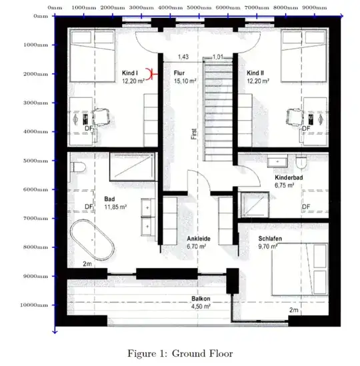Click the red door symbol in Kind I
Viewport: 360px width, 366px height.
151,74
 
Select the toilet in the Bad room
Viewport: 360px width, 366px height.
78,167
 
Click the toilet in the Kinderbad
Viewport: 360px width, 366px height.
301,162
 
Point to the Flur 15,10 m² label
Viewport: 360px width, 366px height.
185,77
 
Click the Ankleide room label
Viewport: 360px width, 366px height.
199,239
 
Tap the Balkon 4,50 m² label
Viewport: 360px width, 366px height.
201,303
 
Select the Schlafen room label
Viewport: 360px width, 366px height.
270,239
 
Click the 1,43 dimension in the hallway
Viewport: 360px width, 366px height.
183,57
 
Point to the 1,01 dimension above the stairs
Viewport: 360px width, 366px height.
218,57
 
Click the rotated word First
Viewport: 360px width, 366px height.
194,134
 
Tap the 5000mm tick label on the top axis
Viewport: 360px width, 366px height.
199,8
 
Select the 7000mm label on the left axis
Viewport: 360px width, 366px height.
36,219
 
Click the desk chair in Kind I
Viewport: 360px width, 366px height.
102,117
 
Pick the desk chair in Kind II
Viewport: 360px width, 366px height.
295,117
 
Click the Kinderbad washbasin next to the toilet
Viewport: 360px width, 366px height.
277,161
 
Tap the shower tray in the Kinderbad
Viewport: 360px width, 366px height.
255,205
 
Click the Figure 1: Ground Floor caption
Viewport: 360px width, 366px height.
180,353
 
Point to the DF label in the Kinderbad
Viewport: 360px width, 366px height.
306,207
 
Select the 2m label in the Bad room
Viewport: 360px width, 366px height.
87,264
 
